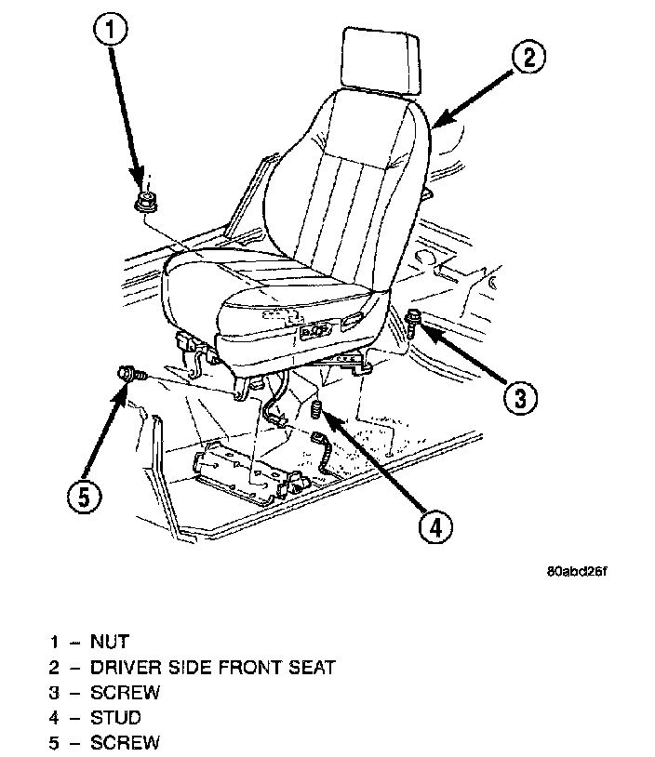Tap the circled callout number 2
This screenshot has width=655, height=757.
pyautogui.click(x=528, y=58)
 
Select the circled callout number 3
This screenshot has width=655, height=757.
pyautogui.click(x=520, y=398)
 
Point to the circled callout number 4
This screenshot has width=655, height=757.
pyautogui.click(x=434, y=526)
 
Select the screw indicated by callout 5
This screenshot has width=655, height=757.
pyautogui.click(x=128, y=374)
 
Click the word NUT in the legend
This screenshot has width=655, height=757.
pyautogui.click(x=110, y=642)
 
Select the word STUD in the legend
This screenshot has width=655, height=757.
pyautogui.click(x=116, y=717)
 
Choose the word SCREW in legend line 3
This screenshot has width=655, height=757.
pyautogui.click(x=125, y=692)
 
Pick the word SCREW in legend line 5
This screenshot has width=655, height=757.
pyautogui.click(x=125, y=742)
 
